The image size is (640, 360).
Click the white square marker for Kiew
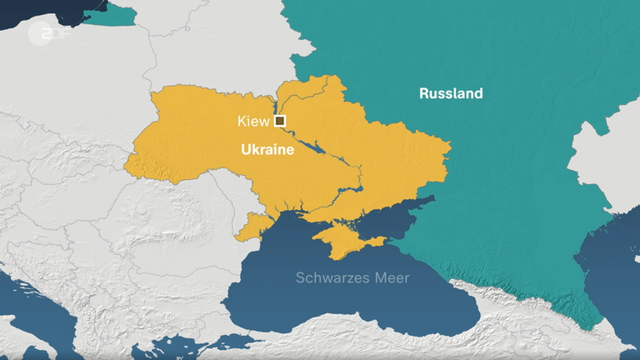[280, 122]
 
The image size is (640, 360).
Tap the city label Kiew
[253, 122]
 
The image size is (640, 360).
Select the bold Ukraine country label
[267, 150]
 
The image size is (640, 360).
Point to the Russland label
[451, 93]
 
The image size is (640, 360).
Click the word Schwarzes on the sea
[326, 277]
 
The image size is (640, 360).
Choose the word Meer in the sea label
[391, 277]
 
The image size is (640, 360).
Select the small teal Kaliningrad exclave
[121, 12]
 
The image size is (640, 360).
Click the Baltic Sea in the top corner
[50, 12]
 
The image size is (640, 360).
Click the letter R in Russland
[424, 93]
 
